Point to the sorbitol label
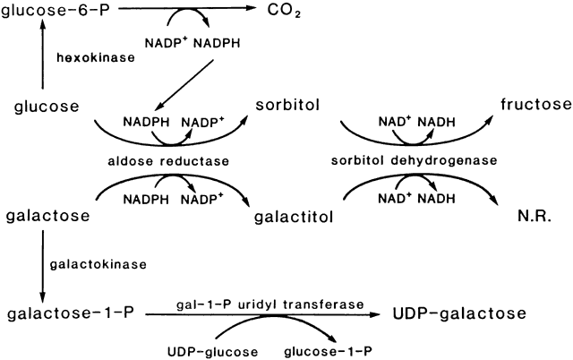[286, 107]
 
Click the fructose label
[526, 106]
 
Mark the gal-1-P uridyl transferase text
[269, 304]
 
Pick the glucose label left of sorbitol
[44, 107]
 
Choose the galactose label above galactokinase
[50, 217]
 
